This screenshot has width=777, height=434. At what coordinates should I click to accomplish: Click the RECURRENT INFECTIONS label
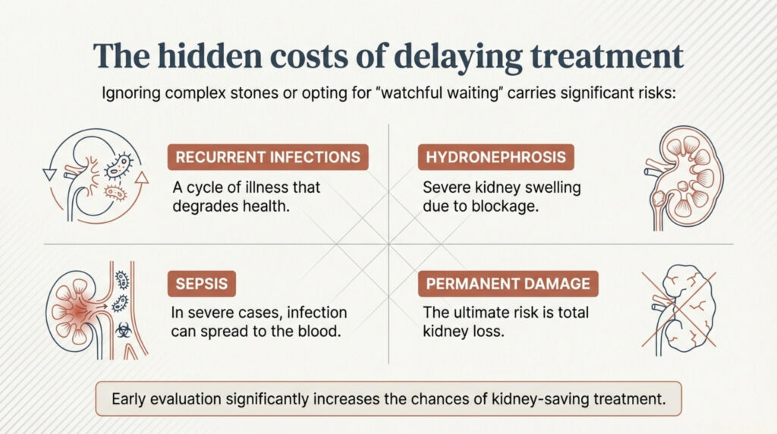(268, 158)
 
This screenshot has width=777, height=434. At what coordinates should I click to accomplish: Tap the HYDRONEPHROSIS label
(496, 158)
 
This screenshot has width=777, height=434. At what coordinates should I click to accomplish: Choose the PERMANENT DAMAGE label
(508, 285)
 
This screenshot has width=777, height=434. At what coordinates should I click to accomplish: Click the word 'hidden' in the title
(199, 57)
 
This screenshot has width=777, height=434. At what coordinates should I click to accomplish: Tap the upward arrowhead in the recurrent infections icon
(140, 178)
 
